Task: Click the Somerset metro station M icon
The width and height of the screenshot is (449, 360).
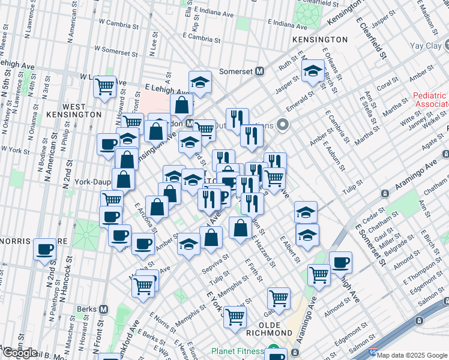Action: coord(260,71)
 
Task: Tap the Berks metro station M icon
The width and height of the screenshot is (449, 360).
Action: coord(103,310)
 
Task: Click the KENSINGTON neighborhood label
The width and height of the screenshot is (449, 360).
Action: coord(320,40)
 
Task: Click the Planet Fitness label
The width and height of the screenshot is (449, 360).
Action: coord(237,352)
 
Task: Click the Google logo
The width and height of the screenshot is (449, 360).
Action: coord(20,353)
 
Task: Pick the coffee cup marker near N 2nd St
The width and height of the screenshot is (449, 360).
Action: coord(45,248)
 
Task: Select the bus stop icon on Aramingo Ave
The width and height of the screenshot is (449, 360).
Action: coord(385,194)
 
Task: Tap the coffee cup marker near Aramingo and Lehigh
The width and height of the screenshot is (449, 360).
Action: coord(340,262)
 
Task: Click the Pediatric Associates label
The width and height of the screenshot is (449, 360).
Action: coord(430,100)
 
